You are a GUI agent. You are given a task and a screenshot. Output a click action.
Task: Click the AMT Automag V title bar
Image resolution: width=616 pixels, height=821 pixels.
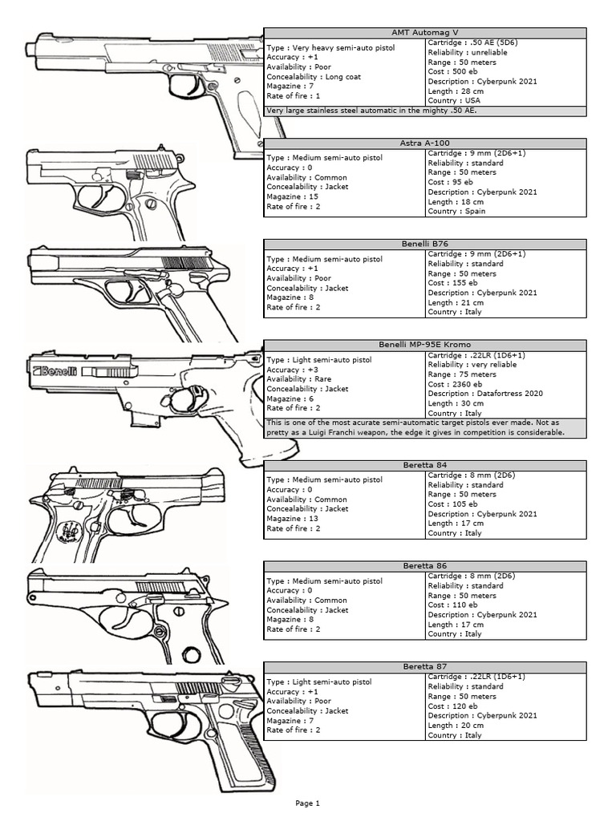(x=425, y=33)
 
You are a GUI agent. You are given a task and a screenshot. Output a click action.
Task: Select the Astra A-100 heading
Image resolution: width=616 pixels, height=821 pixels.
(x=425, y=143)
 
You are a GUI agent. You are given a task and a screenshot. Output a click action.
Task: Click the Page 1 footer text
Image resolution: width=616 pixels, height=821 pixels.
(x=307, y=803)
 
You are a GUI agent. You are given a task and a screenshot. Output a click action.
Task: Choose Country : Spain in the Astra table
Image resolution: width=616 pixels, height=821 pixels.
(x=456, y=212)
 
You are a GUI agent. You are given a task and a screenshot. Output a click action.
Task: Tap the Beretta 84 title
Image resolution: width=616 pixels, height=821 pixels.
(x=425, y=465)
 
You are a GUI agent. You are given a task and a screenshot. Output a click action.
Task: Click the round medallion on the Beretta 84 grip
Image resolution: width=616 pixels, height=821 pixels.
(x=71, y=531)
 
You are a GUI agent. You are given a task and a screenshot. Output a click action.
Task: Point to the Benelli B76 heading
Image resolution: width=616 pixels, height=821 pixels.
(x=425, y=244)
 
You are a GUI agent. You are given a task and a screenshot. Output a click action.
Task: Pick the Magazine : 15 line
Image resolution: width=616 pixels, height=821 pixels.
(x=294, y=196)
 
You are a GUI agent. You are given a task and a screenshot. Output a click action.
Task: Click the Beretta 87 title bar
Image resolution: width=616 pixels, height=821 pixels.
(x=425, y=666)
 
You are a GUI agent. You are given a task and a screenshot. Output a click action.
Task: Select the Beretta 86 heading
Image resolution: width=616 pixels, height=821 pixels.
(x=425, y=566)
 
